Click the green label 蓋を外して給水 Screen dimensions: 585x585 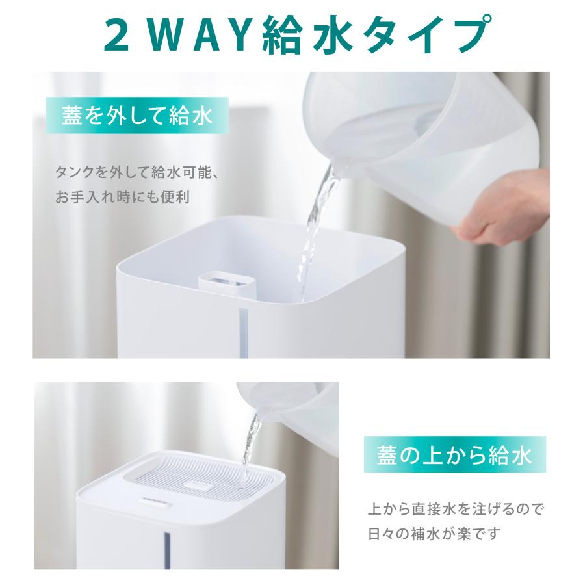tap(137, 117)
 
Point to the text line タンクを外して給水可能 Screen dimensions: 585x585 tap(140, 174)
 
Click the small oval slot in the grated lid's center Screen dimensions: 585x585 tap(197, 484)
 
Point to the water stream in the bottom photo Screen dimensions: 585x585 tap(250, 448)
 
